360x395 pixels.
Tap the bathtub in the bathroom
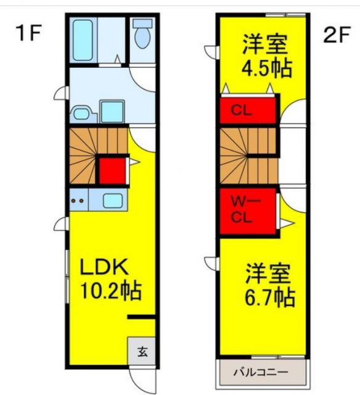click(83, 40)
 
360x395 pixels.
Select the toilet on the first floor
click(142, 36)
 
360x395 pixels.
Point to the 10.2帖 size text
click(110, 289)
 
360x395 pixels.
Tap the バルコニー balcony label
click(261, 373)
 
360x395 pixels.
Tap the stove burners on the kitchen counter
click(78, 201)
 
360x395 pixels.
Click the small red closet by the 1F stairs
click(113, 171)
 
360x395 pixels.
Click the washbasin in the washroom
click(80, 113)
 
